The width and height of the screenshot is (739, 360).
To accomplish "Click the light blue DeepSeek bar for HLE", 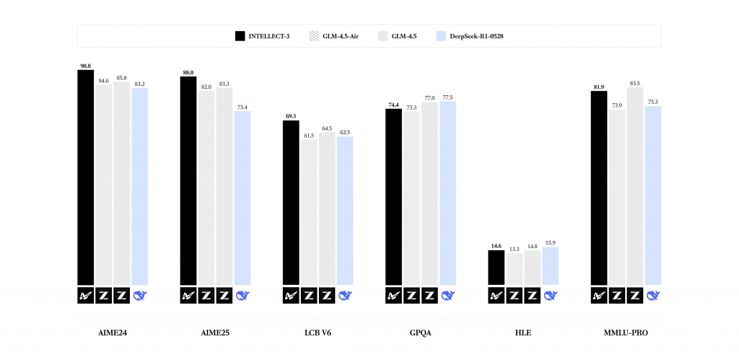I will [551, 266].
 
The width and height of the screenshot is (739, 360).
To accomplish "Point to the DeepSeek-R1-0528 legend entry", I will [469, 36].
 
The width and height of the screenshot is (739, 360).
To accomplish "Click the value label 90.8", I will [86, 66].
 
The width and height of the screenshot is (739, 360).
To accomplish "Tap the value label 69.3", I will [291, 116].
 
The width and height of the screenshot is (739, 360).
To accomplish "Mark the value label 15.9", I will [551, 242].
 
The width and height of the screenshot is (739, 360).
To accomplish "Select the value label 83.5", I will [636, 83].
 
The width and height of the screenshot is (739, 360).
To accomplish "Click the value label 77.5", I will [448, 97].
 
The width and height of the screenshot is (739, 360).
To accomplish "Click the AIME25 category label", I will [215, 333].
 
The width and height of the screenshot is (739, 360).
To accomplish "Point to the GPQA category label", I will [421, 333].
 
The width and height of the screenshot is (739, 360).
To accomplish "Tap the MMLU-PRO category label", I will [626, 333].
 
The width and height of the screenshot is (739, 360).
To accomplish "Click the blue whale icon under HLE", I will [551, 295].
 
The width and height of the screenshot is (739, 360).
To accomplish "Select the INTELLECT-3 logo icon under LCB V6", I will [291, 295].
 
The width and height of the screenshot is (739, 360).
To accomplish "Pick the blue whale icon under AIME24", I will [140, 295].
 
